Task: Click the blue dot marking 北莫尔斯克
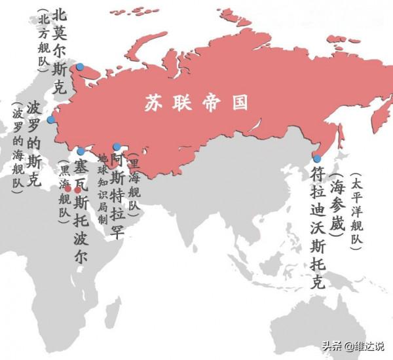(x=80, y=67)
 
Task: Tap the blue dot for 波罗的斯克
(x=50, y=120)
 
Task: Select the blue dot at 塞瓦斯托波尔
(x=81, y=152)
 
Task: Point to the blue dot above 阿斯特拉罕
(x=117, y=147)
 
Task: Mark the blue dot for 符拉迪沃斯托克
(x=317, y=158)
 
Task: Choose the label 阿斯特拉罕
(x=117, y=187)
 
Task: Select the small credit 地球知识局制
(x=102, y=190)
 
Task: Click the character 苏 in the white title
(x=153, y=103)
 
